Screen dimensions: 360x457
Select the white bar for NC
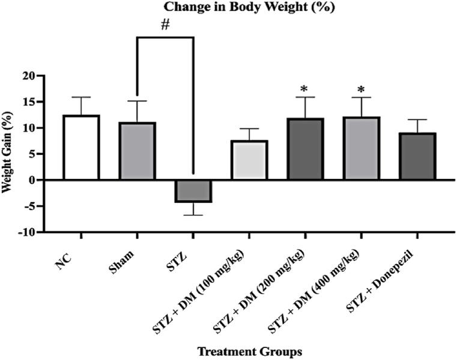click(x=81, y=148)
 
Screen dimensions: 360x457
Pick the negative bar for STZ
click(x=193, y=191)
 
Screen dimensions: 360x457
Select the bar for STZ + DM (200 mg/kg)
click(x=305, y=149)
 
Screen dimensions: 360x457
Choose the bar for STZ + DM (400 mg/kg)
click(x=361, y=149)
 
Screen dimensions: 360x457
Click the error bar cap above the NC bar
click(x=81, y=97)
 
